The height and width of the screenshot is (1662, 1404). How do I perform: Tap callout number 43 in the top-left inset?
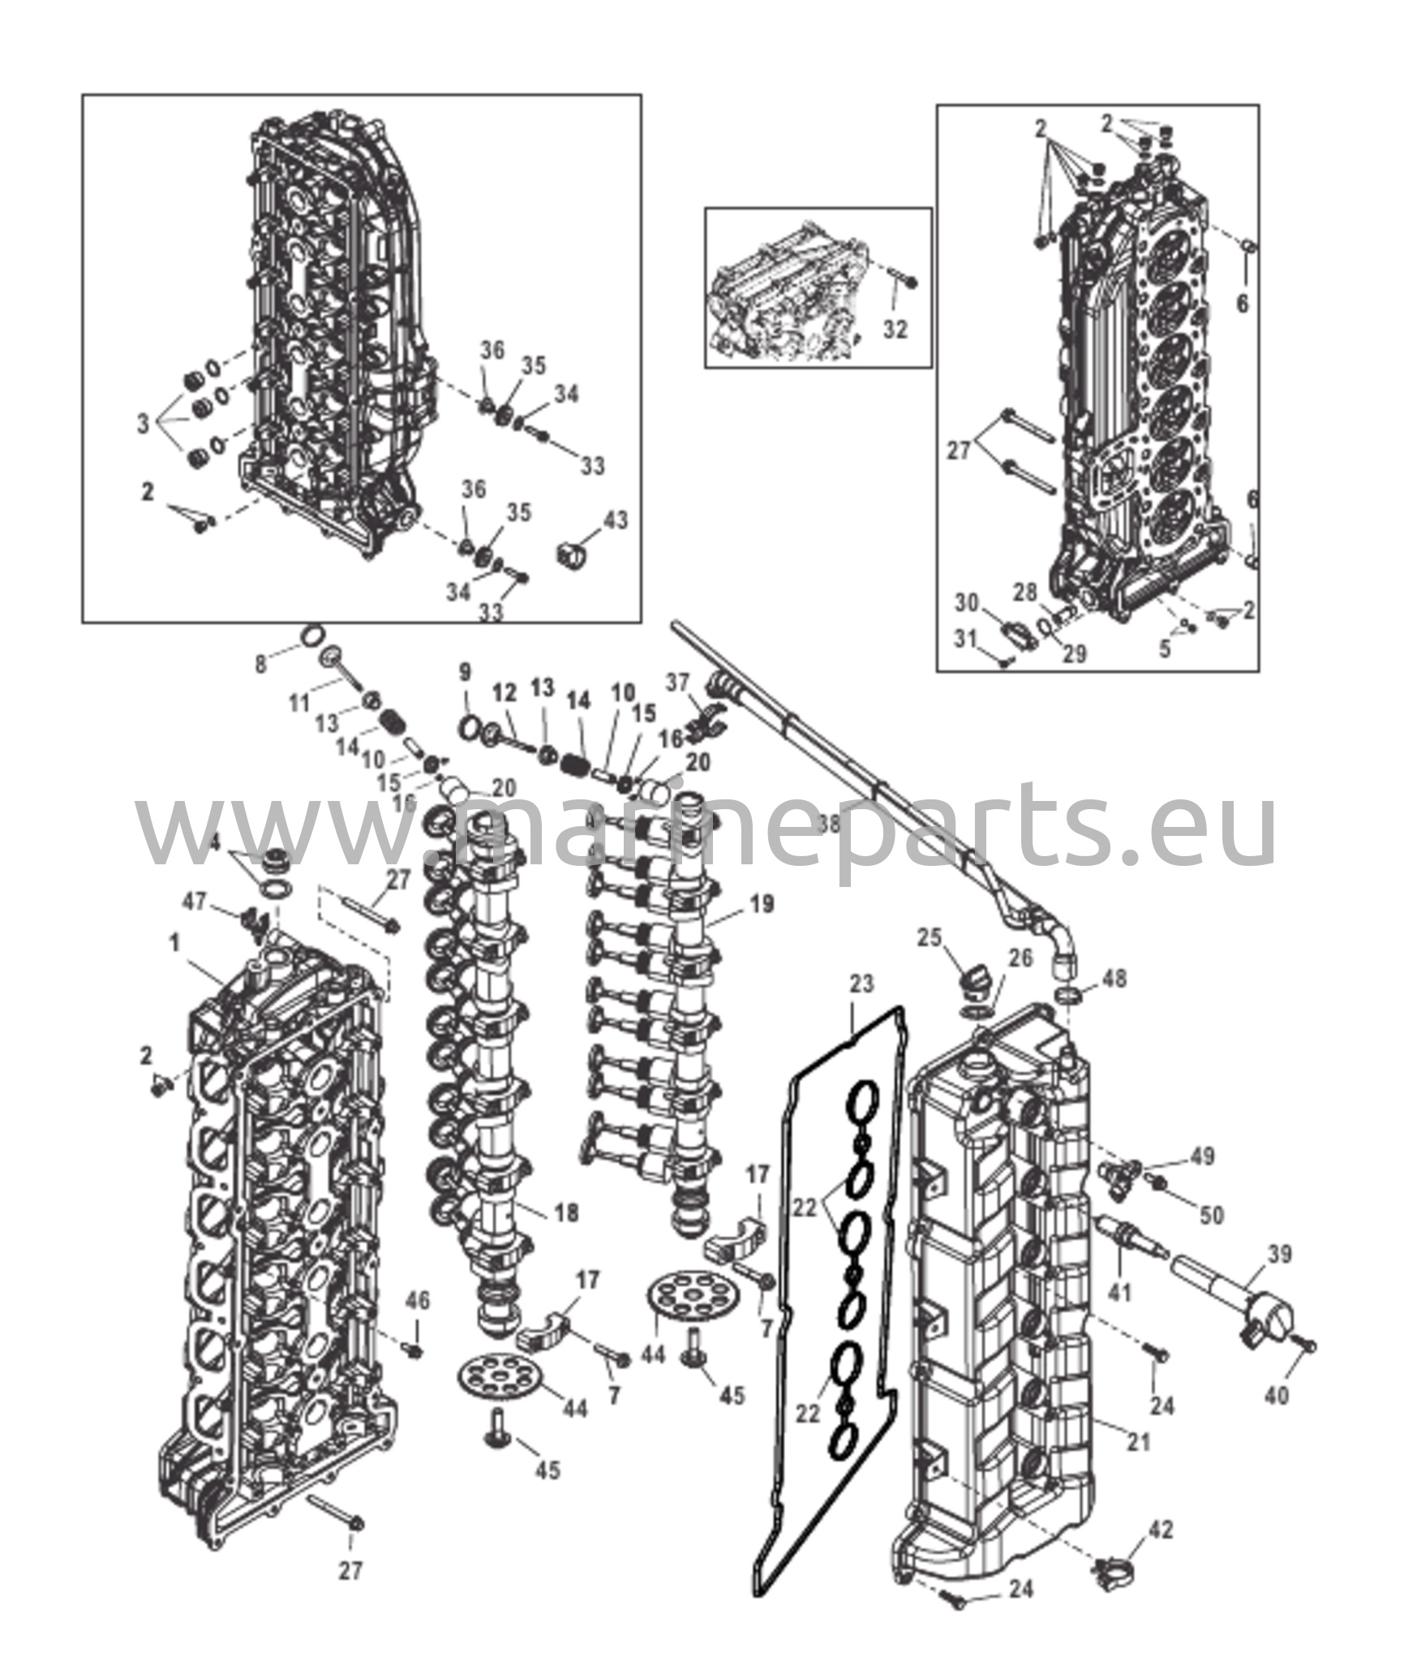[616, 519]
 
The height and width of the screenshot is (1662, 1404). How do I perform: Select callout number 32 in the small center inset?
[895, 329]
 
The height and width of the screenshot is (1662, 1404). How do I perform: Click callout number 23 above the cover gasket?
[861, 984]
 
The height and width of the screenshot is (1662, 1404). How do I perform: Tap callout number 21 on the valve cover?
[1139, 1441]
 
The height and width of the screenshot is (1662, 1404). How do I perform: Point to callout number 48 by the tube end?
[1116, 979]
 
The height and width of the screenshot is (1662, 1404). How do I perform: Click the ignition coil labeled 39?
[1241, 1308]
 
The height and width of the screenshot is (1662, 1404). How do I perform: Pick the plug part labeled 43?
[571, 555]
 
